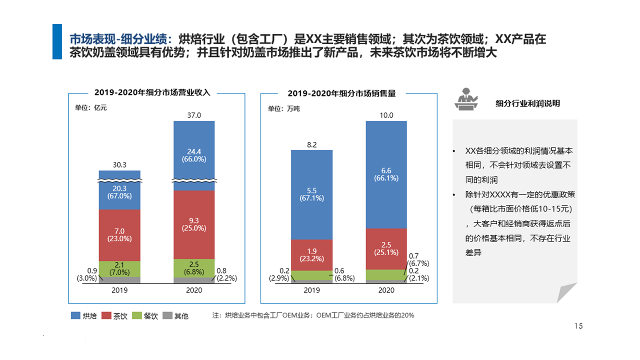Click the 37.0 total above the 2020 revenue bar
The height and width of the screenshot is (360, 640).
point(194,115)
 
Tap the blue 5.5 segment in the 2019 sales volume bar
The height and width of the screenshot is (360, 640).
point(311,194)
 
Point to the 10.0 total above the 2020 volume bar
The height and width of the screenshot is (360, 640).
point(386,115)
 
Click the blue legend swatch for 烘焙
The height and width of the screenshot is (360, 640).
point(75,315)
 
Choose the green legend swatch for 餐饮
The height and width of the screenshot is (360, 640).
point(136,315)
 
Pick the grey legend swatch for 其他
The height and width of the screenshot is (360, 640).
point(166,315)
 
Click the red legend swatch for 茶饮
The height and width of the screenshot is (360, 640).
point(106,315)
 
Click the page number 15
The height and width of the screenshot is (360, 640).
point(578,326)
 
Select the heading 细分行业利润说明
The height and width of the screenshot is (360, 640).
point(527,103)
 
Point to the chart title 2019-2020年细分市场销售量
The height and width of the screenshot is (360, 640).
point(341,93)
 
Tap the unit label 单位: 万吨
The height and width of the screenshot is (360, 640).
point(283,108)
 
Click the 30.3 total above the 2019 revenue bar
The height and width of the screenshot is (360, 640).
point(119,164)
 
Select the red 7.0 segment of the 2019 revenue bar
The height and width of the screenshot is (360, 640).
point(119,234)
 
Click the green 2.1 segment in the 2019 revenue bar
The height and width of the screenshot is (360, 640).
point(119,268)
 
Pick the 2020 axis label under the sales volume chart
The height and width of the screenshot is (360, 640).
point(386,290)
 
